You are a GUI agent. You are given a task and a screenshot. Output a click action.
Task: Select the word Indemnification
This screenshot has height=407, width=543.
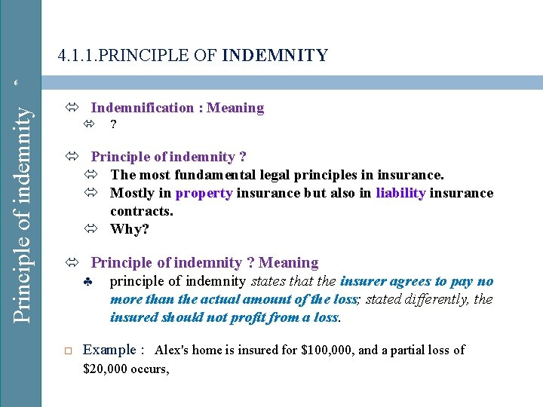pos(142,108)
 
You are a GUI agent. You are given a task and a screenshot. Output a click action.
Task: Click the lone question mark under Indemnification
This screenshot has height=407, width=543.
pos(113,124)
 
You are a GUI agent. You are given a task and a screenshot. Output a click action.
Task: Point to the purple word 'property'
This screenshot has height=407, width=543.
pos(204,194)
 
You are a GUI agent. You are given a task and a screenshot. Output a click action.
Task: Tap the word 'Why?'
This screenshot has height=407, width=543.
pos(130,229)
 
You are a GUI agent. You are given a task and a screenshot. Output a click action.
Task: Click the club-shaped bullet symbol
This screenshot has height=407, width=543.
pos(88,283)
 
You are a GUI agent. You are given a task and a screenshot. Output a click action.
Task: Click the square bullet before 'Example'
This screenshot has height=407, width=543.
pos(67,350)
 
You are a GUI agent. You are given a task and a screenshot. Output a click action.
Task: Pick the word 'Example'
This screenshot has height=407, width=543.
pos(109,350)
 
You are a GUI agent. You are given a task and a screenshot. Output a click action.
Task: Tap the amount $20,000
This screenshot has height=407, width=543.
pos(106,369)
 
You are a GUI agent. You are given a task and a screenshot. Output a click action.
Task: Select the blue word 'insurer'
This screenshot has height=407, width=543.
pos(364,281)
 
